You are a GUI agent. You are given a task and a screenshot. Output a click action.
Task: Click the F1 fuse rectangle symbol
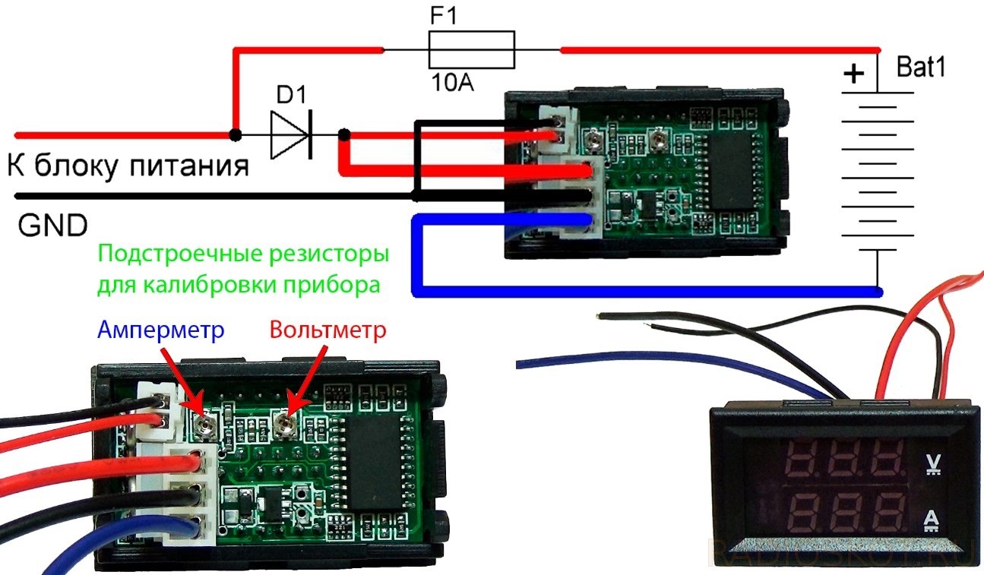point(471,50)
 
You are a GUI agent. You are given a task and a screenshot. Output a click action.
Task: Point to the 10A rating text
point(452,82)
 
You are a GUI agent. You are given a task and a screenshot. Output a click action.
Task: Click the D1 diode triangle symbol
point(292,136)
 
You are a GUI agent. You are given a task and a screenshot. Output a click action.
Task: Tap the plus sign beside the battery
point(855,74)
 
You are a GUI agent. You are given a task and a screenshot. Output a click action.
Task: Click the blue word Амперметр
point(161,330)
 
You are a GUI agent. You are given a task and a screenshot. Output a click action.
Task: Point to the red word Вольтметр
point(327,330)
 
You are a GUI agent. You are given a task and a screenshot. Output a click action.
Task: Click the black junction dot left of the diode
point(236,135)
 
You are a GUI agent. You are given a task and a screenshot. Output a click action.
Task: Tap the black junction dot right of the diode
point(343,135)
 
